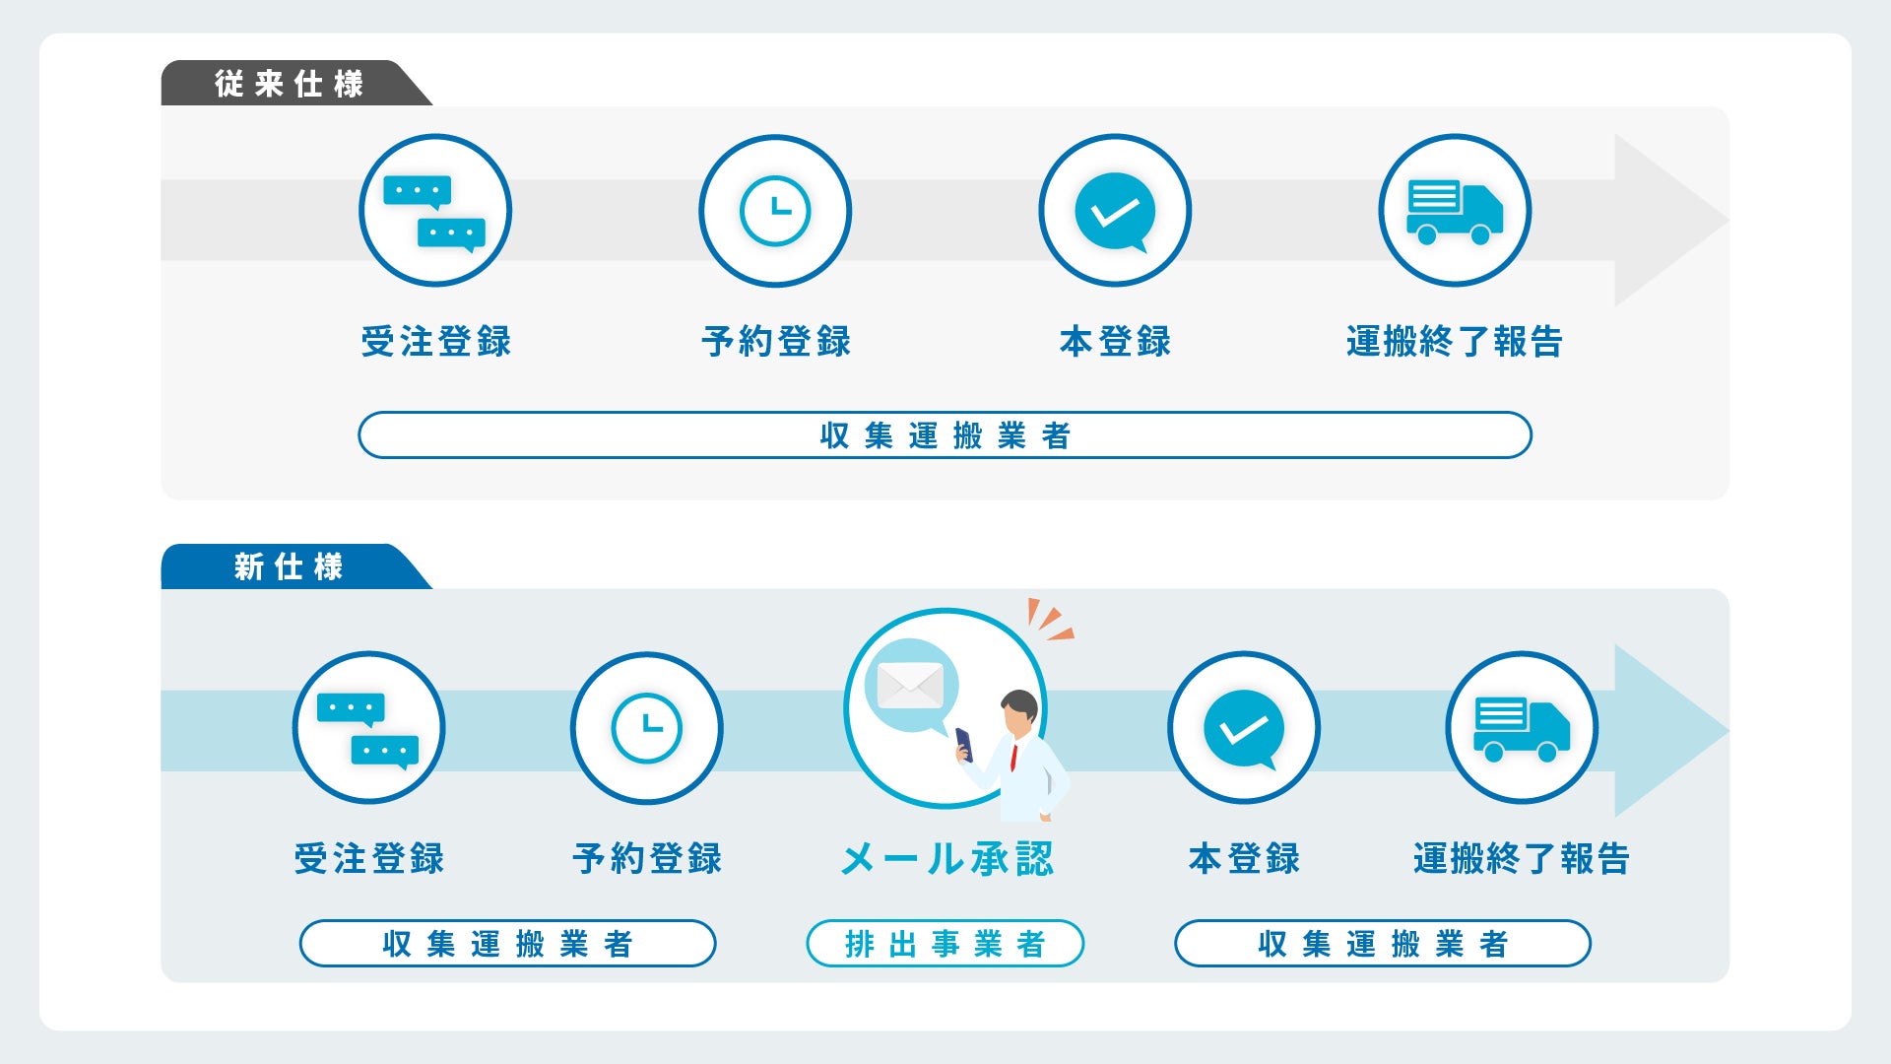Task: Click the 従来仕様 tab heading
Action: click(289, 84)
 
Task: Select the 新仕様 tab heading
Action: click(288, 566)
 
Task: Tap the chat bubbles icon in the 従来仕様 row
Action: click(434, 212)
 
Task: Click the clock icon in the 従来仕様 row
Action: click(775, 211)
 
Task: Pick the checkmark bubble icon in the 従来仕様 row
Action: click(1115, 212)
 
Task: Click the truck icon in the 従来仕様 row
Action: click(1455, 212)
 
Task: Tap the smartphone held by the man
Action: click(964, 744)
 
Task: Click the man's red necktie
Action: click(1013, 757)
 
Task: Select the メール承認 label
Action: click(946, 859)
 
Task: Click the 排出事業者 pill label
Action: click(945, 944)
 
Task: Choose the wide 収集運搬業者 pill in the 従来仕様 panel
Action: click(945, 435)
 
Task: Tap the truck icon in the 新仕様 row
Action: click(1522, 729)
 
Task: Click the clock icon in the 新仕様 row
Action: click(646, 729)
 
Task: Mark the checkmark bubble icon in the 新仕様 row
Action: click(1244, 729)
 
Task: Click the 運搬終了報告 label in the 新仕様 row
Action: click(1522, 859)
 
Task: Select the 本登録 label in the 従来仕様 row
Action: click(1115, 342)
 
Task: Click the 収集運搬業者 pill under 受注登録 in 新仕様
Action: click(507, 944)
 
